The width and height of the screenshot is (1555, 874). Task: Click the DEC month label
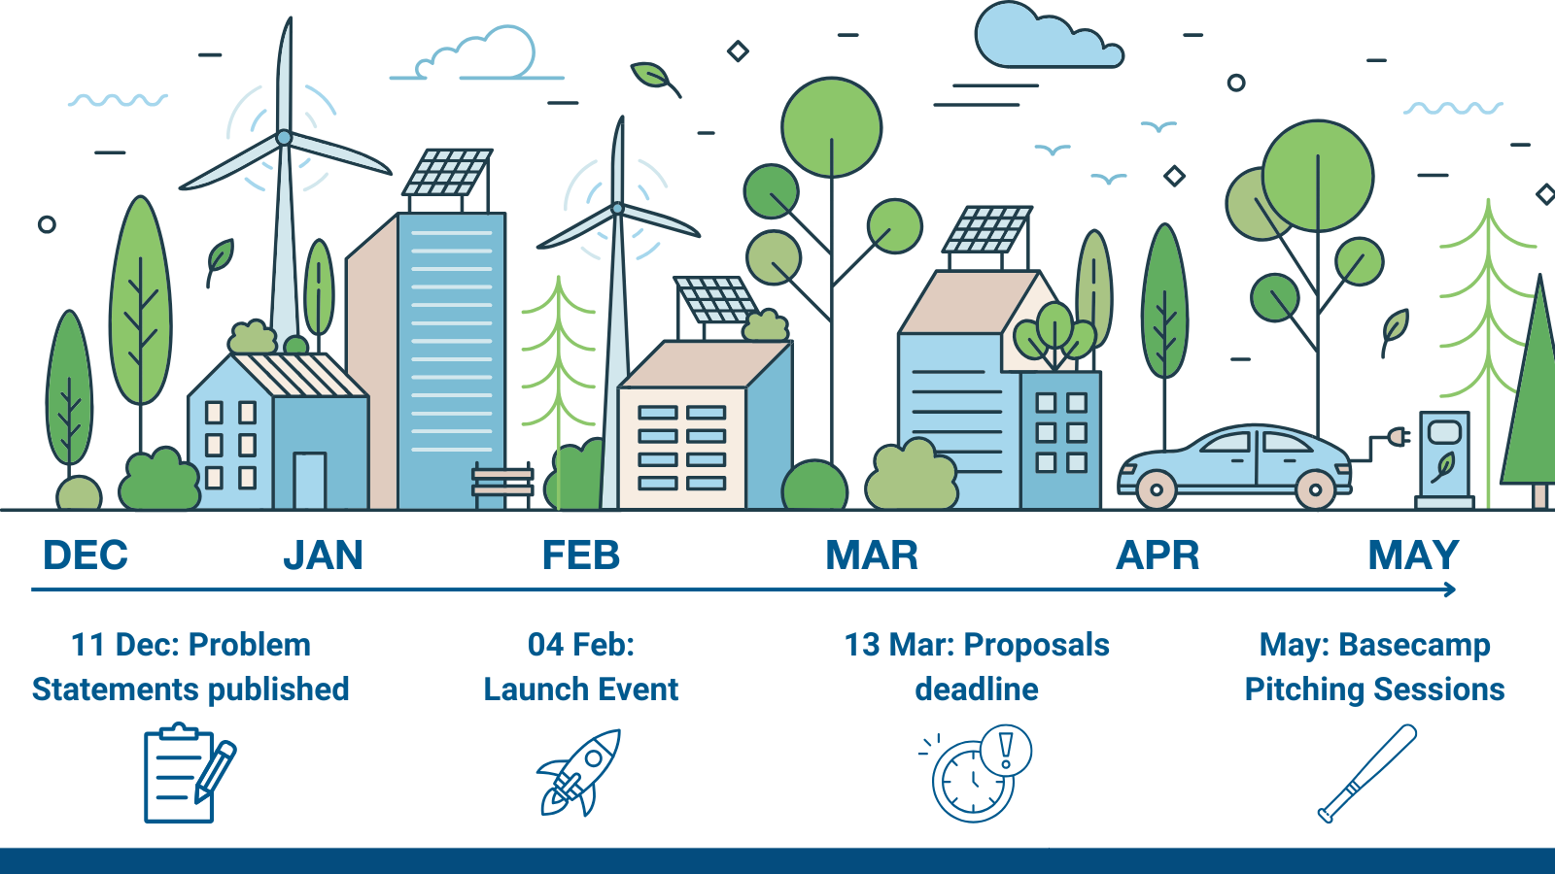coord(86,555)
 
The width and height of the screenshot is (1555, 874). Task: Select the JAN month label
coord(324,555)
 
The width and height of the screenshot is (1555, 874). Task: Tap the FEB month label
coord(581,555)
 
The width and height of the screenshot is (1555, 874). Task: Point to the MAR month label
coord(872,555)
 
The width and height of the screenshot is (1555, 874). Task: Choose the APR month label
coord(1158,555)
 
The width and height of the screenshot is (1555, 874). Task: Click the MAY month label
coord(1413,555)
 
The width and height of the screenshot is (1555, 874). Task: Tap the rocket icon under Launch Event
coord(579,772)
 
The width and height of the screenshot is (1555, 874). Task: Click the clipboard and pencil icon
coord(190,773)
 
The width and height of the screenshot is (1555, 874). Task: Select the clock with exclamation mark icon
coord(976,773)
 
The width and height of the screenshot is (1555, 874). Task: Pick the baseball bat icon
coord(1366,773)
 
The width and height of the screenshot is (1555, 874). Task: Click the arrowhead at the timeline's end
coord(1449,589)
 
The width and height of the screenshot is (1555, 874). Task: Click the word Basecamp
coord(1414,645)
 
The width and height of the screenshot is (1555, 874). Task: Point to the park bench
coord(502,485)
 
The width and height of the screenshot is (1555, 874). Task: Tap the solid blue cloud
coord(1049,35)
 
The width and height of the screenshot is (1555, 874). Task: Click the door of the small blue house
coord(310,481)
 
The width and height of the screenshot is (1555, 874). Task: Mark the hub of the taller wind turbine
coord(284,137)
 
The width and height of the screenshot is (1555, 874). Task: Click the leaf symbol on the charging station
coord(1444,467)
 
